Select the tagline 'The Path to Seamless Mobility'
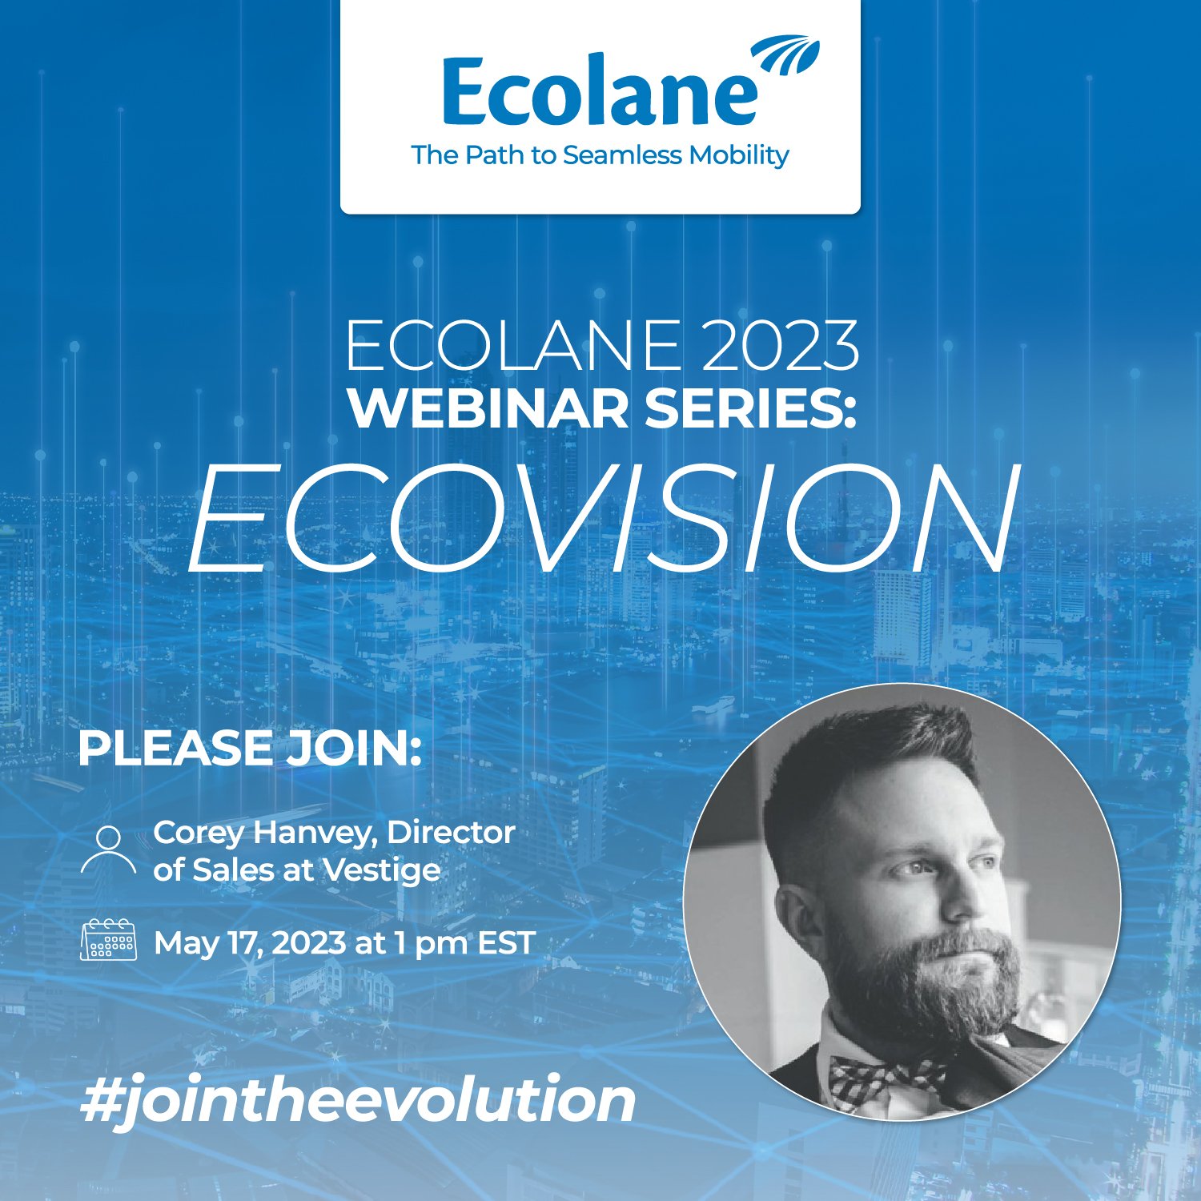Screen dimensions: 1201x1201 click(600, 155)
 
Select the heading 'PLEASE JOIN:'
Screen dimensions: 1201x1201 click(249, 747)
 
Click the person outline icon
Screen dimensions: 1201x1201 click(108, 852)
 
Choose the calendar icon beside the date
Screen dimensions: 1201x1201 click(109, 940)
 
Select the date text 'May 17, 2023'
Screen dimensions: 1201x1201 click(248, 942)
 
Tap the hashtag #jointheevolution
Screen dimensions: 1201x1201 click(358, 1101)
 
